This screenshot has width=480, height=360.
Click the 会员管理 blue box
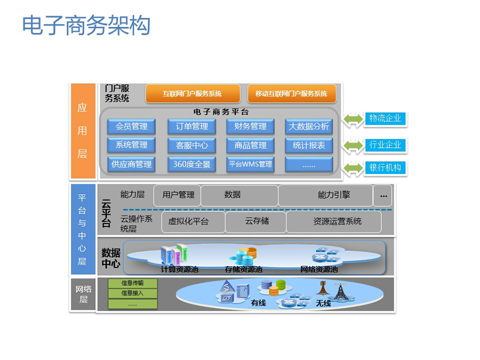tap(131, 126)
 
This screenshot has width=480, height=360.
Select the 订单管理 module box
tap(191, 126)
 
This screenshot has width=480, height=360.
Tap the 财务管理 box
tap(251, 126)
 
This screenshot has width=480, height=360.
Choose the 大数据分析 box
tap(309, 126)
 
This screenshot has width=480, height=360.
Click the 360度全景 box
tap(191, 164)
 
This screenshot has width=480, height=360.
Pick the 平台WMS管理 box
tap(251, 164)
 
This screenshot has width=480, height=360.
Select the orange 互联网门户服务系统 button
tap(193, 94)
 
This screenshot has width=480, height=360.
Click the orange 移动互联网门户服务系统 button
tap(292, 94)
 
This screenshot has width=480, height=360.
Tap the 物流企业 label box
tap(385, 118)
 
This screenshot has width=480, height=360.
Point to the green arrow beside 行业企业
tap(353, 145)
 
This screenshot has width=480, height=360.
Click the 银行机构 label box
tap(385, 168)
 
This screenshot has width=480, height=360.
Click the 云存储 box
tap(256, 222)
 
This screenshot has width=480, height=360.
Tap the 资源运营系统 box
tap(334, 222)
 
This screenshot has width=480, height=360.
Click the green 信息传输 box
tap(133, 283)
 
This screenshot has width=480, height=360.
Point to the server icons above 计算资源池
tap(174, 254)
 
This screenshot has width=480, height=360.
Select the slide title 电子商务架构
tap(86, 25)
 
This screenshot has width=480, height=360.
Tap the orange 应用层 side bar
tap(83, 131)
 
